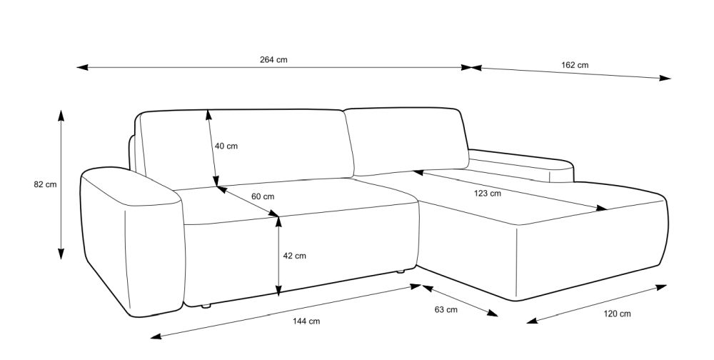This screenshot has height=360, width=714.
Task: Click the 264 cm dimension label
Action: point(273,60)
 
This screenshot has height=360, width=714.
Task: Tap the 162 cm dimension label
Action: point(575,65)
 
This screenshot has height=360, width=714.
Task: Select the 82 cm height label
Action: point(45,184)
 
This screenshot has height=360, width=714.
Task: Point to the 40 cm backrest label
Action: point(226,146)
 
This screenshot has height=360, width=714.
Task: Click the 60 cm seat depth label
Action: point(263,196)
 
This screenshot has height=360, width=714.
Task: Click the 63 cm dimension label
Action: point(446,310)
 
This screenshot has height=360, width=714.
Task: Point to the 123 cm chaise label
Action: point(488,193)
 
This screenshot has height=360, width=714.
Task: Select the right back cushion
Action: point(407,139)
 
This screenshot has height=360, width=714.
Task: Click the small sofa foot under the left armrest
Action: point(206,307)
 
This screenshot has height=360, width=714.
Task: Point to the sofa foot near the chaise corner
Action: point(401,271)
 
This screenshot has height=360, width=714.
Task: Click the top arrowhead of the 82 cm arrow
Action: point(61,115)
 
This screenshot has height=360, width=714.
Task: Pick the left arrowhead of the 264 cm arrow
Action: point(81,68)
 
